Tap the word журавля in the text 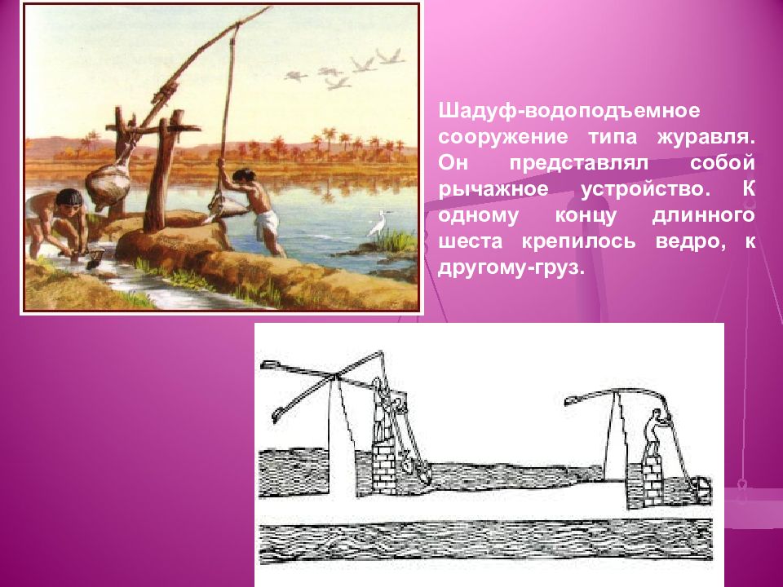click(x=705, y=137)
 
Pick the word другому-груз click(x=511, y=268)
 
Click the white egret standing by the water click(x=377, y=223)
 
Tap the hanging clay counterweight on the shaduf click(x=108, y=185)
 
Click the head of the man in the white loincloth click(x=243, y=176)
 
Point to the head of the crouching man click(x=69, y=199)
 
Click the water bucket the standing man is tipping click(x=226, y=205)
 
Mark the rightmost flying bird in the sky click(x=390, y=55)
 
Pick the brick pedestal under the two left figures click(x=384, y=466)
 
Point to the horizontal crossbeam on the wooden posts click(x=153, y=129)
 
